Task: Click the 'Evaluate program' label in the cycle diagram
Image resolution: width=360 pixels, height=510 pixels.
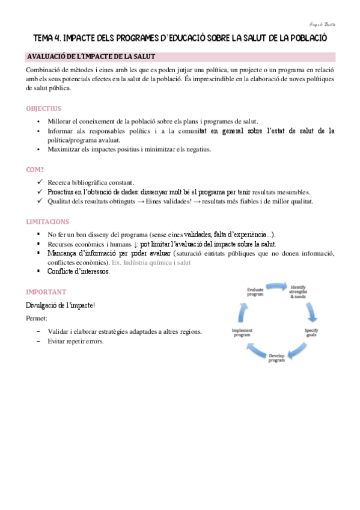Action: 255,292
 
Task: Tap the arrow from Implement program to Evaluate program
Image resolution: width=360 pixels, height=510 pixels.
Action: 243,311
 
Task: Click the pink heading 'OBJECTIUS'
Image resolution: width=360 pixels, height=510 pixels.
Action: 43,109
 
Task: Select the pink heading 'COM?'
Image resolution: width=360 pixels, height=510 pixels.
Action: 35,169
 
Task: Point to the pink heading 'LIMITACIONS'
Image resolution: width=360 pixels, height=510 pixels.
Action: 47,221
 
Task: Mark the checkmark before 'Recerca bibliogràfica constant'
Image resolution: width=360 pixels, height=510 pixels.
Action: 39,182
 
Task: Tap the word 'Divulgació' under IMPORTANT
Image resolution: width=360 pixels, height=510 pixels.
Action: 43,306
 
